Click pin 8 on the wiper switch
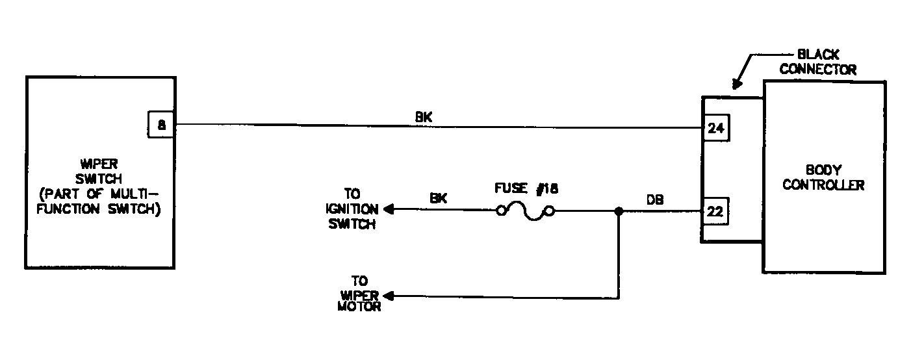161,125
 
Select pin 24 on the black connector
716,128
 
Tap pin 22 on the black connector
715,212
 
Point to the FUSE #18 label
526,188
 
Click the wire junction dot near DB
619,211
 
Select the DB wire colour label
655,199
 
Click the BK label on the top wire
424,117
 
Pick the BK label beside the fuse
439,198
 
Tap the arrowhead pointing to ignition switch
389,209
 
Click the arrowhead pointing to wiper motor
389,296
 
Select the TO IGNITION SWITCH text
352,209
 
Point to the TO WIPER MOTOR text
359,293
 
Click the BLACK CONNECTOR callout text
818,62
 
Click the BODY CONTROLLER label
823,177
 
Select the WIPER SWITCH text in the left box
99,172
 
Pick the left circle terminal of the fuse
501,211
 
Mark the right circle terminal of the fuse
550,211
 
